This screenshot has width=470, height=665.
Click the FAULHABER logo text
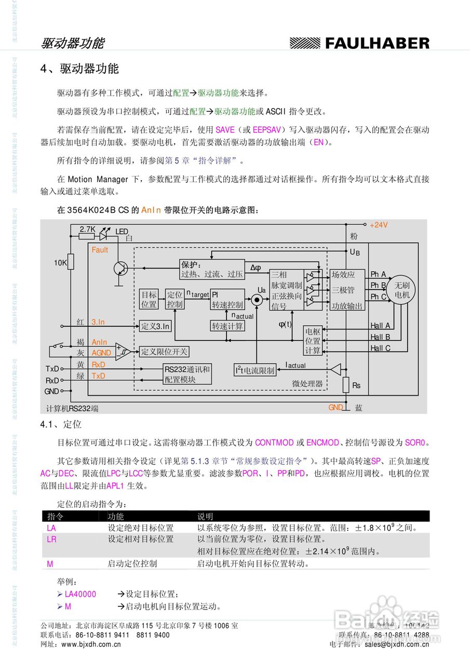(x=377, y=44)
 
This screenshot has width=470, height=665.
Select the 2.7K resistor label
(x=87, y=229)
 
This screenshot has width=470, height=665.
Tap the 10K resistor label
(x=61, y=263)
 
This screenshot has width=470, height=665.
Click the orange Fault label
(x=100, y=250)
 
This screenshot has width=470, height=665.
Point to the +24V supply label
(x=379, y=225)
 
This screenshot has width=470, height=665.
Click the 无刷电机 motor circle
(x=402, y=290)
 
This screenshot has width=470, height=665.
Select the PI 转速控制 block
(x=227, y=300)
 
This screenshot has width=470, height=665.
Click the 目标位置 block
(x=149, y=300)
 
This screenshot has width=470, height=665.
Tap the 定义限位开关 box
(x=164, y=352)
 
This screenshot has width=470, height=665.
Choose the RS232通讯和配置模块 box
(x=187, y=374)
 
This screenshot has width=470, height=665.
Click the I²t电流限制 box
(x=254, y=370)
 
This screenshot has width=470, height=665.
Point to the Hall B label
(x=380, y=337)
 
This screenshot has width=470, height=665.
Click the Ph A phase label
(x=378, y=274)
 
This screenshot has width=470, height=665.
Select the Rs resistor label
(x=356, y=385)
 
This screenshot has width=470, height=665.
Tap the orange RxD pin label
(x=98, y=365)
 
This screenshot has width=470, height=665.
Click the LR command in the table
(x=51, y=540)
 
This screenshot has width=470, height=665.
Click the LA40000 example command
(x=80, y=594)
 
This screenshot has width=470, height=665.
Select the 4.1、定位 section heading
(x=61, y=425)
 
